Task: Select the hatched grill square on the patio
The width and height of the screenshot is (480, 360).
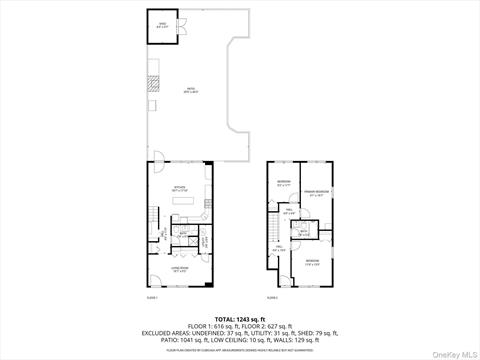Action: pyautogui.click(x=152, y=102)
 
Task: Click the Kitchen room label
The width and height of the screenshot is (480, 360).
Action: pyautogui.click(x=179, y=187)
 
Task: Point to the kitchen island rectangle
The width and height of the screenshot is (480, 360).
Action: pyautogui.click(x=184, y=200)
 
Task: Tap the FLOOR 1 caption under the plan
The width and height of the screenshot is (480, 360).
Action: pyautogui.click(x=152, y=298)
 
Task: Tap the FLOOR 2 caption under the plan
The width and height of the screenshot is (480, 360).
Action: pyautogui.click(x=272, y=298)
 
